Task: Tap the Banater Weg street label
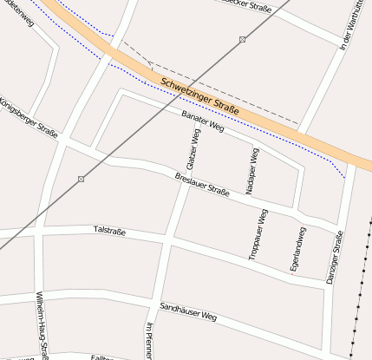pos(204,122)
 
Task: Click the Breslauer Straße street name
pos(201,185)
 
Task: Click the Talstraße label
pos(109,230)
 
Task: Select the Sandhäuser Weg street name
pos(187,312)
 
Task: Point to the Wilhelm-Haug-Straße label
pos(42,326)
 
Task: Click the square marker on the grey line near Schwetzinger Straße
pos(242,40)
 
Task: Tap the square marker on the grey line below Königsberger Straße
pos(81,179)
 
